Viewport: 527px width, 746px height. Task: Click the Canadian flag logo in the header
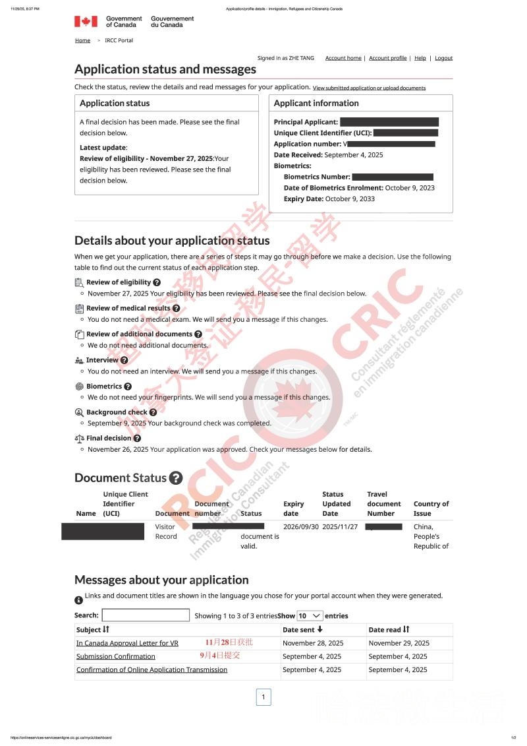coord(86,22)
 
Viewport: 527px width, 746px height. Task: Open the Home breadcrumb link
coord(82,40)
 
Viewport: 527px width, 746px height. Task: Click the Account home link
coord(343,58)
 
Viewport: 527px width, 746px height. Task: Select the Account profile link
coord(387,58)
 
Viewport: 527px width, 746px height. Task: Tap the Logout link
coord(443,58)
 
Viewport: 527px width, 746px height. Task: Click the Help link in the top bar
coord(420,58)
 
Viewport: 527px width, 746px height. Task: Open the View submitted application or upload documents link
coord(369,88)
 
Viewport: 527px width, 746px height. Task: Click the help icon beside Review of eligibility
coord(157,282)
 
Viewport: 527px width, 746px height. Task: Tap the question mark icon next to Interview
coord(124,360)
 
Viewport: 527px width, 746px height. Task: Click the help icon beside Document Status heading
coord(175,478)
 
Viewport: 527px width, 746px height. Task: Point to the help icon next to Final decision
coord(137,438)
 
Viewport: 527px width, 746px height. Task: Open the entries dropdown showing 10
coord(310,615)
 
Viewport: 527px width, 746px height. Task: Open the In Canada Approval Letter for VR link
coord(127,643)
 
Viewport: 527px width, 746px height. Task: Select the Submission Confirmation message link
coord(116,656)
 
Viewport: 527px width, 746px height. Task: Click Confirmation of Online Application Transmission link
coord(152,669)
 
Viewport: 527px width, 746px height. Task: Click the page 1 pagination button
coord(263,697)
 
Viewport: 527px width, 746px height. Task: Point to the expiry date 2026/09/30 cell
coord(301,527)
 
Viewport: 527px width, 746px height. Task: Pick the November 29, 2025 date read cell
coord(399,643)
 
